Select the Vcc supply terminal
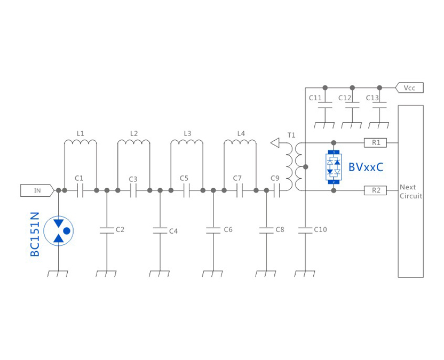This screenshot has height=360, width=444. pos(409,87)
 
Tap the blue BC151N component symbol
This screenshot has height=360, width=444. pos(59,230)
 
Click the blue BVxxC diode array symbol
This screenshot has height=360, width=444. pos(334,167)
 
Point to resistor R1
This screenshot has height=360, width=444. pos(376,142)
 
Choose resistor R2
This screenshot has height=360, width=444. pos(376,190)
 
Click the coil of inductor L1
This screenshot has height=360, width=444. pos(81,142)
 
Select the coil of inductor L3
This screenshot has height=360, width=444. pos(187,142)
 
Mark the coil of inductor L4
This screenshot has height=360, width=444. pos(240,142)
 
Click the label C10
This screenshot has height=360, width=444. pos(320,230)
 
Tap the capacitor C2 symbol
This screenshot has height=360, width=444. pos(107,230)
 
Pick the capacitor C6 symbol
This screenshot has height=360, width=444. pos(213,230)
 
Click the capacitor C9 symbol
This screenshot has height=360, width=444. pos(276,190)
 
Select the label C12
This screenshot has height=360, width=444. pos(345,98)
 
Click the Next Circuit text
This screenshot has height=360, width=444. pos(410,191)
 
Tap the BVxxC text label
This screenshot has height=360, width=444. pos(366,167)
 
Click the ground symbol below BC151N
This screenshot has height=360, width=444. pos(58,274)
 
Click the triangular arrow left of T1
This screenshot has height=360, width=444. pos(275,142)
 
